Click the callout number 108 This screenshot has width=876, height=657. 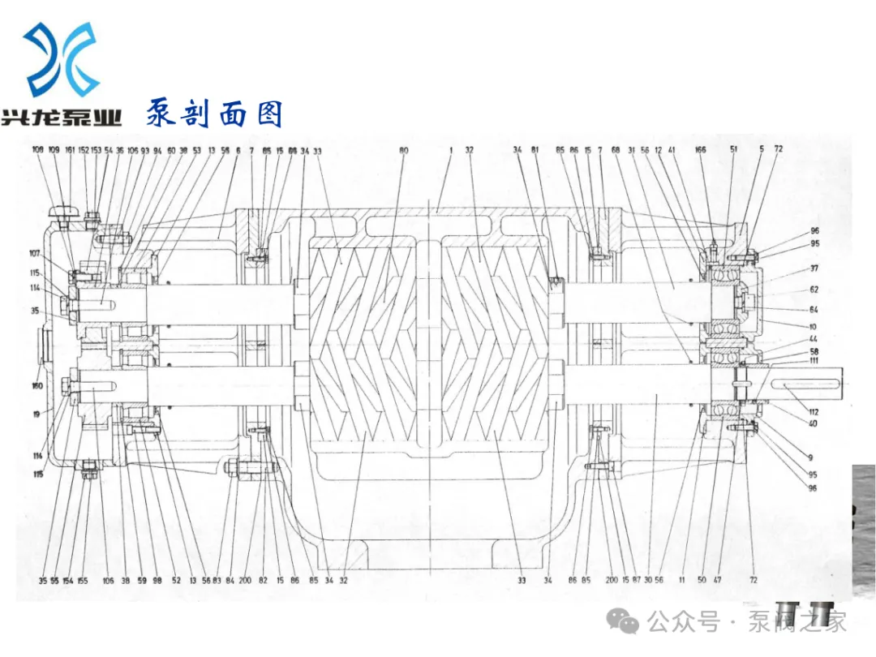[38, 150]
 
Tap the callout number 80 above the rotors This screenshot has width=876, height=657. [404, 150]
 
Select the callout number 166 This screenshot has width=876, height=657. [701, 150]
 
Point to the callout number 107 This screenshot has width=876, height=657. [35, 252]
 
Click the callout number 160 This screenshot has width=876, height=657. [37, 386]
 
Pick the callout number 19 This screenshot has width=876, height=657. [36, 414]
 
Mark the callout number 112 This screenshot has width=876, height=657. [814, 412]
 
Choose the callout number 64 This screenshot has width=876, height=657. [814, 309]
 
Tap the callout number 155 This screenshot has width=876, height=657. [83, 581]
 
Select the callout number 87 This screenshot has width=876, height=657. [637, 581]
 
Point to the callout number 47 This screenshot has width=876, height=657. [718, 581]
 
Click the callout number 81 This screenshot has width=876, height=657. [535, 150]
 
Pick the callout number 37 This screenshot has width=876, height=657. [814, 268]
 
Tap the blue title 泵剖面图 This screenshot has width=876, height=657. [214, 113]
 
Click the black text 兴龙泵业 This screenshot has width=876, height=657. [62, 118]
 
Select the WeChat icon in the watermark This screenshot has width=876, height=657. [629, 622]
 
